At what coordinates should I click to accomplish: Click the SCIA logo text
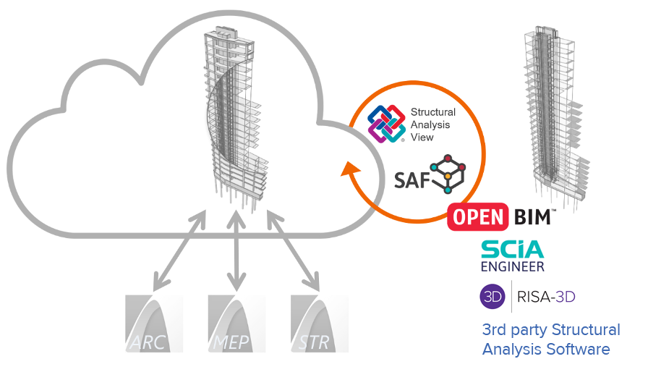tap(513, 250)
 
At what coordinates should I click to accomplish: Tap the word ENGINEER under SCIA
tap(513, 267)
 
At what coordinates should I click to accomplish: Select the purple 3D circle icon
tap(492, 297)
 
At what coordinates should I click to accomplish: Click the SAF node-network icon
tap(447, 173)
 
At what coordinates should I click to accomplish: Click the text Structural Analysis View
tap(432, 124)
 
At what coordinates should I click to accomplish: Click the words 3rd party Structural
tap(551, 330)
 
